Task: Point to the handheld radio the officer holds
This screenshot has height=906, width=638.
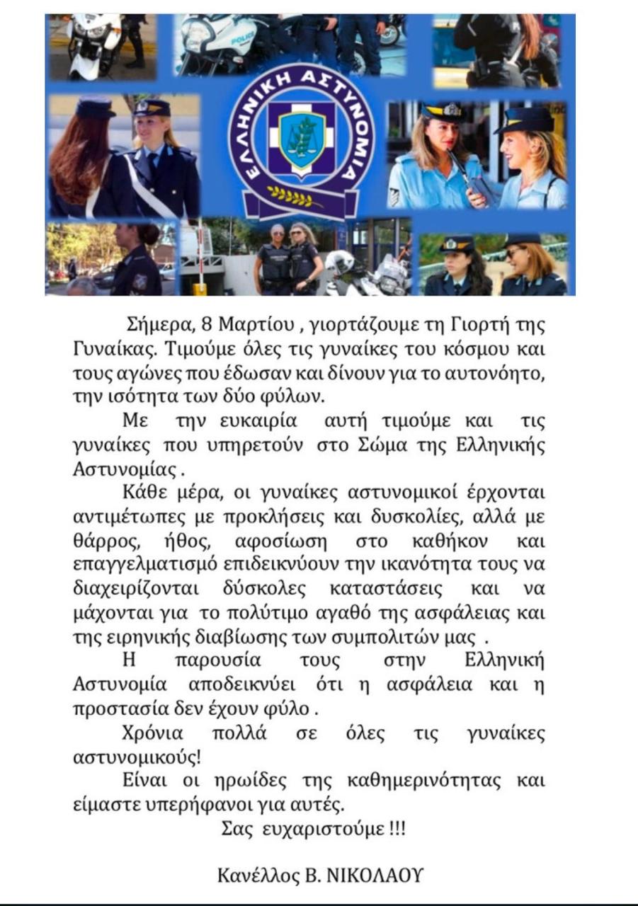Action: (x=460, y=174)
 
